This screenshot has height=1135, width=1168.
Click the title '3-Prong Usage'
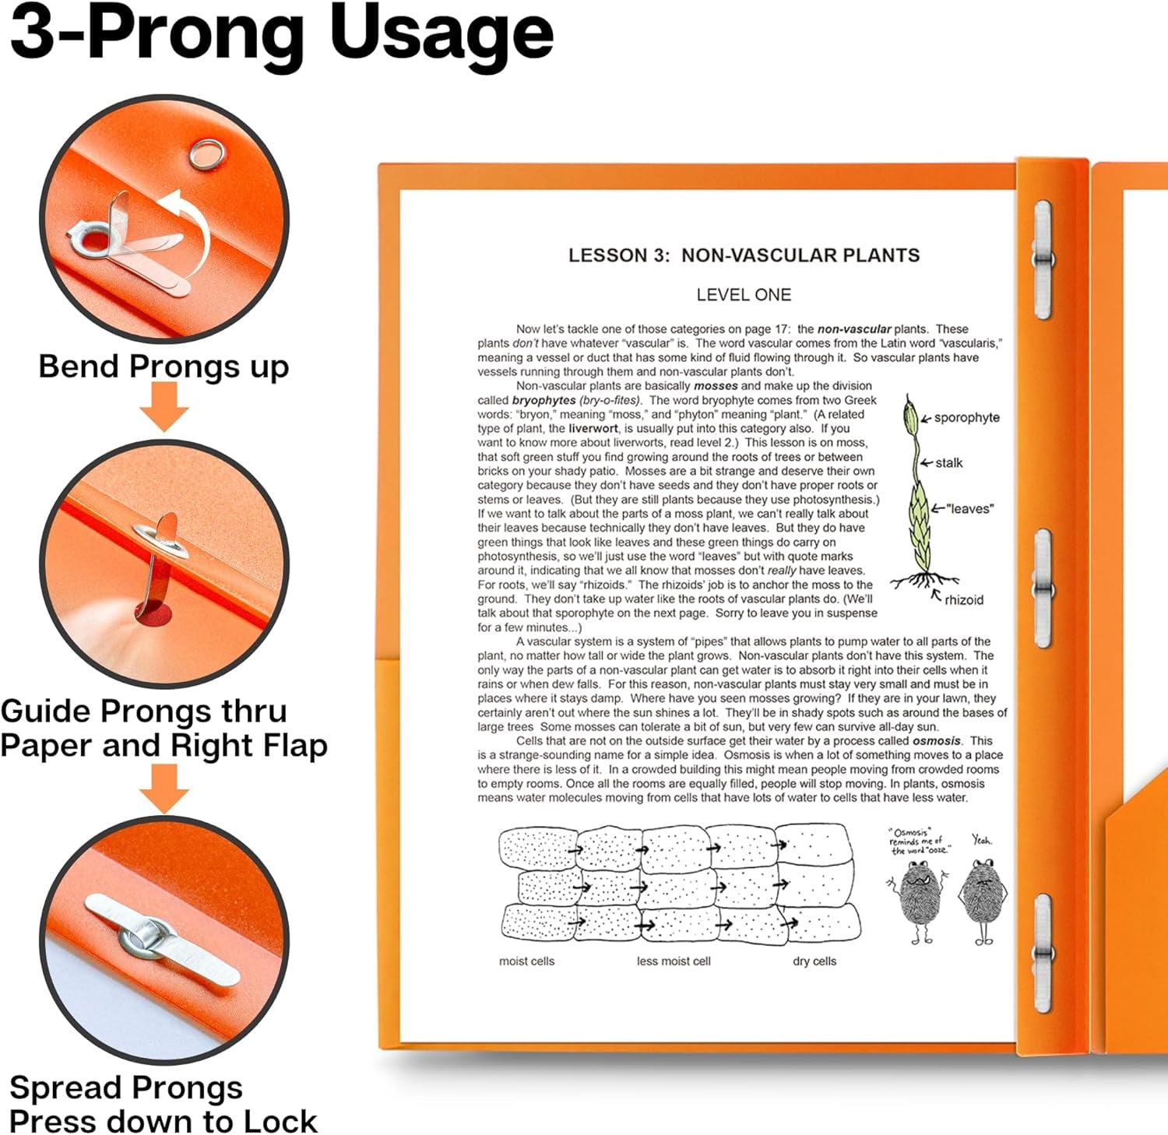[x=281, y=35]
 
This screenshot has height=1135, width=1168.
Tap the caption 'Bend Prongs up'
[x=164, y=366]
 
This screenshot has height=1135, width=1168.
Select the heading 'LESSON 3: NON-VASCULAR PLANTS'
[x=744, y=255]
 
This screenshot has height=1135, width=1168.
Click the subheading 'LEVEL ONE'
[x=744, y=295]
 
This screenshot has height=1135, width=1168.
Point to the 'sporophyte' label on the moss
[x=967, y=417]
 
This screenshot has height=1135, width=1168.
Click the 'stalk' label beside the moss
[x=949, y=462]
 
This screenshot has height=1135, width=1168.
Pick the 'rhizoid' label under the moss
[x=964, y=599]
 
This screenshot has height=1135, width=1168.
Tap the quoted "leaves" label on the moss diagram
[x=970, y=508]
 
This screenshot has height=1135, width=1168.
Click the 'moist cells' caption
[x=527, y=961]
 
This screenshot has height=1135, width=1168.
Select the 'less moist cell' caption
[x=674, y=961]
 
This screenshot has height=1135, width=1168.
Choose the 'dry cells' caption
[x=814, y=961]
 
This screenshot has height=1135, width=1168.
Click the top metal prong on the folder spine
[x=1043, y=259]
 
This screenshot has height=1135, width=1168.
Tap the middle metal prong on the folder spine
[x=1043, y=589]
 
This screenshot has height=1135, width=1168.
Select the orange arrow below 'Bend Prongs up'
[x=164, y=407]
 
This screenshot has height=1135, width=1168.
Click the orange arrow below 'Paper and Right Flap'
[x=164, y=789]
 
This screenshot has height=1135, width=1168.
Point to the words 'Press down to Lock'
[x=164, y=1122]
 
